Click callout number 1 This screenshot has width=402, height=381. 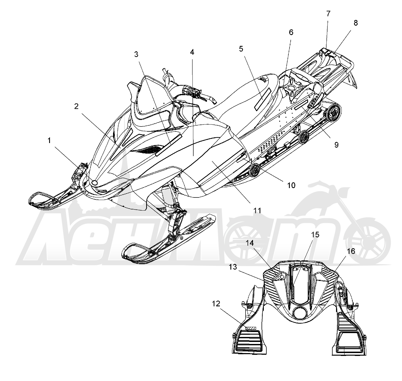coord(49,140)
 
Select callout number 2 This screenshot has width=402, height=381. coord(76,106)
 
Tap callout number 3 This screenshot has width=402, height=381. coord(136,54)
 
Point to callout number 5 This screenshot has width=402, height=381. coord(241,49)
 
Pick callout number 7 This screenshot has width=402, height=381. coord(328,14)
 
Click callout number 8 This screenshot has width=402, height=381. coord(355,23)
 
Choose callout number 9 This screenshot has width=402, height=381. coord(336,145)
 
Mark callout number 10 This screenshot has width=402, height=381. coord(291,185)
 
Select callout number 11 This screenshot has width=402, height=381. coord(257,210)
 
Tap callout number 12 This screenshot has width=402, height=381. coord(216,304)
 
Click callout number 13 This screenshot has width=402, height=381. coord(233,267)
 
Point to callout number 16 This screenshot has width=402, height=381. coord(351,251)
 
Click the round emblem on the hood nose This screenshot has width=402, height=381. coord(95,183)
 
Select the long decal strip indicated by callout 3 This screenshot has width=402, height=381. coord(168,145)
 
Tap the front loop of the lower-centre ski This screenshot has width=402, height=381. coord(127,251)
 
